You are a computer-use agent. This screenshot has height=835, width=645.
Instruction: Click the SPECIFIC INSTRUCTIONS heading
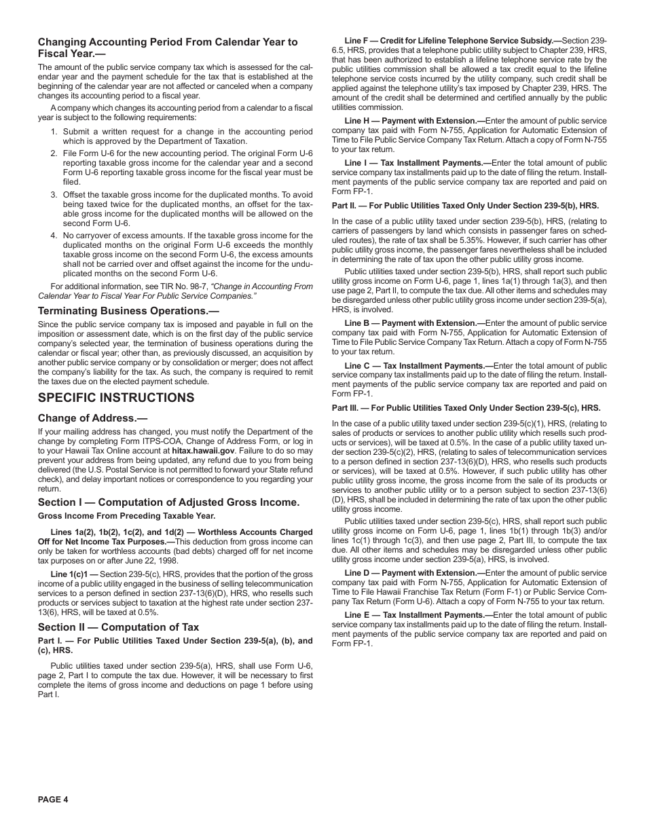[x=116, y=398]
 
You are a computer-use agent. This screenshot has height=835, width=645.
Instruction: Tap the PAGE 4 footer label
[x=53, y=799]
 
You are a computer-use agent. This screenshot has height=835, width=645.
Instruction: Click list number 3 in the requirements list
[x=54, y=195]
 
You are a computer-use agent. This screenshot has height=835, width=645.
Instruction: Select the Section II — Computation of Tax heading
[x=118, y=627]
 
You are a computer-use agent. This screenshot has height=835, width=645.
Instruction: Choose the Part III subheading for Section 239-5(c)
[x=466, y=409]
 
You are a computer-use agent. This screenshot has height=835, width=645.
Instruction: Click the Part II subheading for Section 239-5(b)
[x=465, y=206]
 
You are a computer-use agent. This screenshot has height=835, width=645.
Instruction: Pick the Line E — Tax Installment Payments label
[x=413, y=615]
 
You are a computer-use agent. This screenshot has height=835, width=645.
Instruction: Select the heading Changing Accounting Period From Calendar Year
[x=167, y=41]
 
